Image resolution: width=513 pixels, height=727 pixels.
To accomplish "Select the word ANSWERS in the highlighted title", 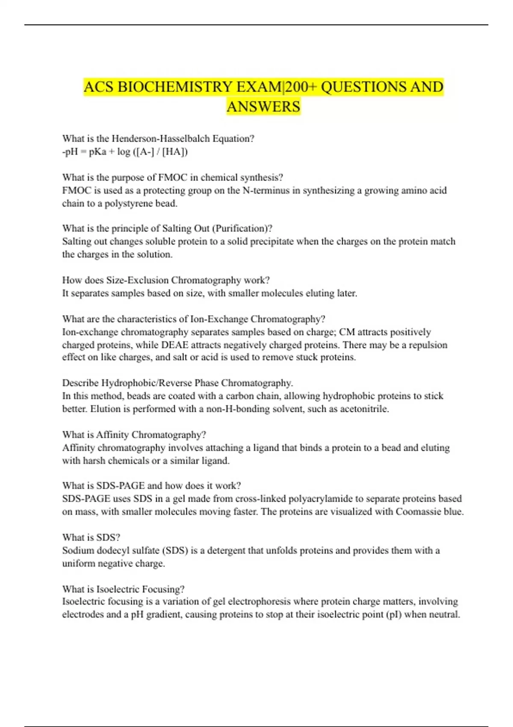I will (x=263, y=106).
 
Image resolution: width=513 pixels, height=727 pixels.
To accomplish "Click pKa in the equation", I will (x=97, y=152).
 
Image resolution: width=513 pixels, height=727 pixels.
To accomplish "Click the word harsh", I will (x=94, y=461).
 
